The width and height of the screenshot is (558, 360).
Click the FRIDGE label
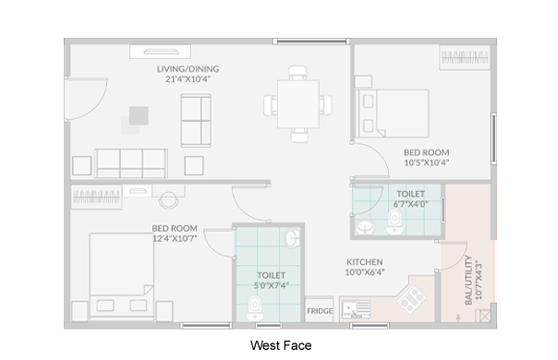320,311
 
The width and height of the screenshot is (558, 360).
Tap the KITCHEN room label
365,262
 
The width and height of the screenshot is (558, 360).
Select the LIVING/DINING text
188,69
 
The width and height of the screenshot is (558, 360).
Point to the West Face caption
281,345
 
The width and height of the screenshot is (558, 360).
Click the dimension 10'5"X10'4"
426,162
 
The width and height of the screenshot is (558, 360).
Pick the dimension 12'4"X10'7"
175,238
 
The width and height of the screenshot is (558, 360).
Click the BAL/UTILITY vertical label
468,280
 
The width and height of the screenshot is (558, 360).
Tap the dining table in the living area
298,104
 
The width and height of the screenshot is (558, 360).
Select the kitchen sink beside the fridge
356,309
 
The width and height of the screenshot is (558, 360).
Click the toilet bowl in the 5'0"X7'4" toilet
254,308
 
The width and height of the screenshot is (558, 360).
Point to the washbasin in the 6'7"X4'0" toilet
365,227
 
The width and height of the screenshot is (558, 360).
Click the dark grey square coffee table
139,115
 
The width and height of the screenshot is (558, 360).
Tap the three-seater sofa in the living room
131,163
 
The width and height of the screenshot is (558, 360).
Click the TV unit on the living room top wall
160,52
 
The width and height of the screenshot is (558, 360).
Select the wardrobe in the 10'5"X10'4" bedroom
465,57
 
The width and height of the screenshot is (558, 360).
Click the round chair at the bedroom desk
168,200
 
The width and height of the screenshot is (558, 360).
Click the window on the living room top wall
311,42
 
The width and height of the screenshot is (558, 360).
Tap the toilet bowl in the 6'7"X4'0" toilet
394,222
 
